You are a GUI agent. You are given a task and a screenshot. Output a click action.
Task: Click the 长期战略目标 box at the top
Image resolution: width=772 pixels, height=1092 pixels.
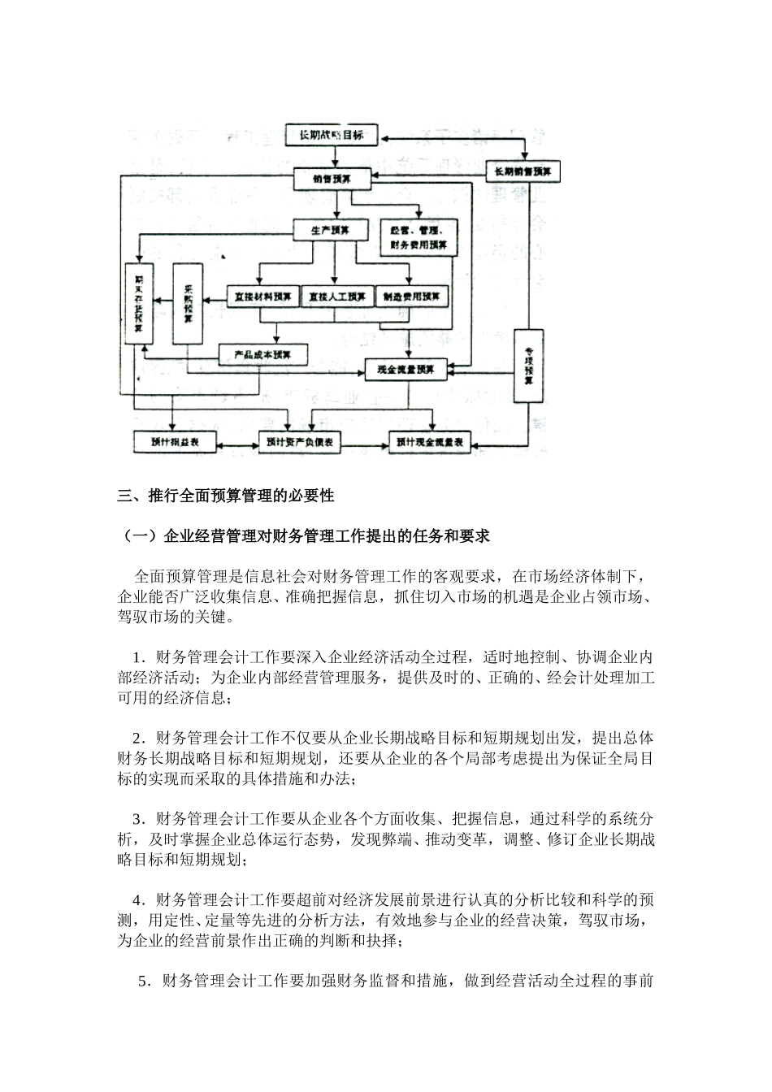(331, 136)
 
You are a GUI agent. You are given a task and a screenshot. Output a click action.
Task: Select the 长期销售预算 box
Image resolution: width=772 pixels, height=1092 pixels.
(523, 171)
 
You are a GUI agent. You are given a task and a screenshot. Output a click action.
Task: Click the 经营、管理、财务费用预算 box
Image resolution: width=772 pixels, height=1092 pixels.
(418, 237)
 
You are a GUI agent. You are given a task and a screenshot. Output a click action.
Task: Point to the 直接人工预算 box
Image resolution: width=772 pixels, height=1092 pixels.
(336, 297)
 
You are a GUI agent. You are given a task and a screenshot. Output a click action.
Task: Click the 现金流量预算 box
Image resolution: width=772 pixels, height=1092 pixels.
(406, 370)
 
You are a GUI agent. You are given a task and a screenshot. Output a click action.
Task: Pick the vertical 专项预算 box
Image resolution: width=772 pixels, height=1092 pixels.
(528, 366)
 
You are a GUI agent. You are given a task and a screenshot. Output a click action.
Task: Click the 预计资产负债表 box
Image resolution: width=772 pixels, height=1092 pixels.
(299, 443)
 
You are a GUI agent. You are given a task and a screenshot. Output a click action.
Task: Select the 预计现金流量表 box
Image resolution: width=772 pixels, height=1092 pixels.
(429, 443)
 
